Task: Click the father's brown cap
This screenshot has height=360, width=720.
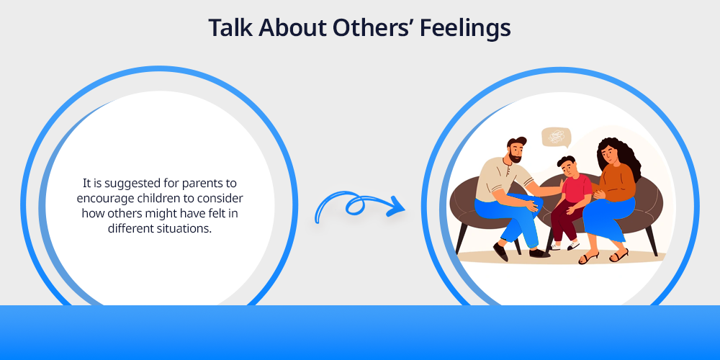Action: pos(517,142)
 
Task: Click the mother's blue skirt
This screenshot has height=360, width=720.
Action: pos(607,218)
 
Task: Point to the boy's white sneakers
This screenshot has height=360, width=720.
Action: pos(564,246)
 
